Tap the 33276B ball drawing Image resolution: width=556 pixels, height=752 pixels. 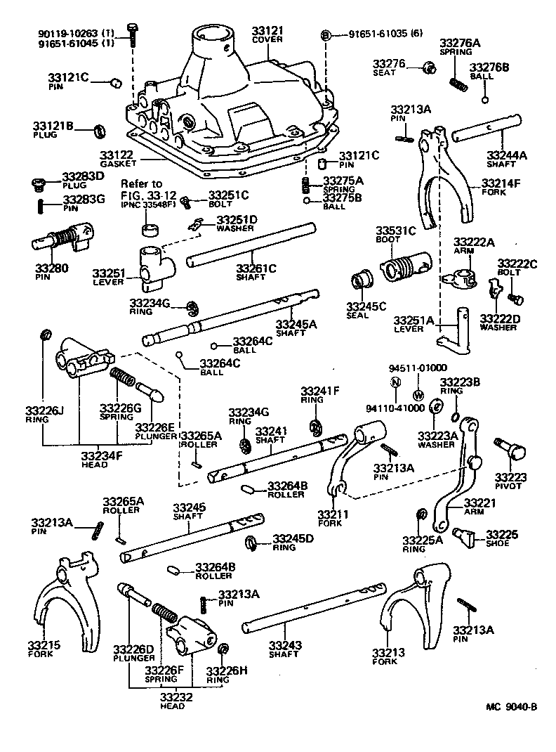pyautogui.click(x=484, y=99)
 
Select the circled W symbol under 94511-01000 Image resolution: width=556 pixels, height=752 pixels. pyautogui.click(x=418, y=394)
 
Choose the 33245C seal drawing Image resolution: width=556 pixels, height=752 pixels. pyautogui.click(x=362, y=279)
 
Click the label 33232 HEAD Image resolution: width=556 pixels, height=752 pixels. pyautogui.click(x=172, y=701)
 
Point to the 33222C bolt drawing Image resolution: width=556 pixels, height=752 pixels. pyautogui.click(x=517, y=299)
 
